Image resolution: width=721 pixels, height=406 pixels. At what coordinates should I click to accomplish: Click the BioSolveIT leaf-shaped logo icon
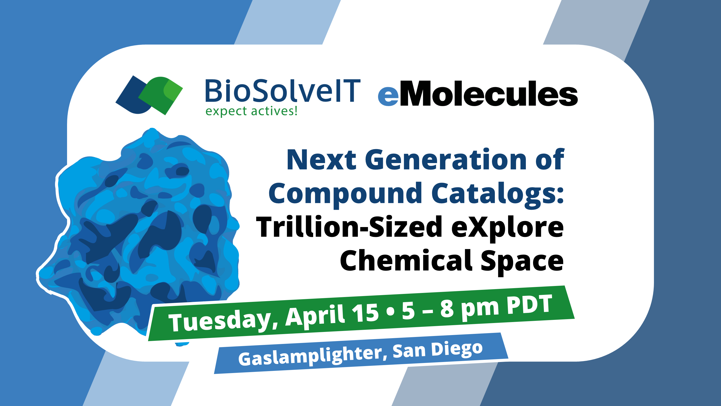click(x=149, y=95)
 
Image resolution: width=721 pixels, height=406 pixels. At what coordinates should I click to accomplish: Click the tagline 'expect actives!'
click(x=251, y=111)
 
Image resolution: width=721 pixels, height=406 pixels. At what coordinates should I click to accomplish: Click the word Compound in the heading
click(x=345, y=194)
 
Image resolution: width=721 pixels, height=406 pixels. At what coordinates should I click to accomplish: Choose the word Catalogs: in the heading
click(x=498, y=194)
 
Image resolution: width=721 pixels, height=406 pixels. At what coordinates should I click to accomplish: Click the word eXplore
click(x=507, y=228)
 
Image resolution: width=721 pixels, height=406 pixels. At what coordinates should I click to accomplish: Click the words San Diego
click(x=438, y=350)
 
